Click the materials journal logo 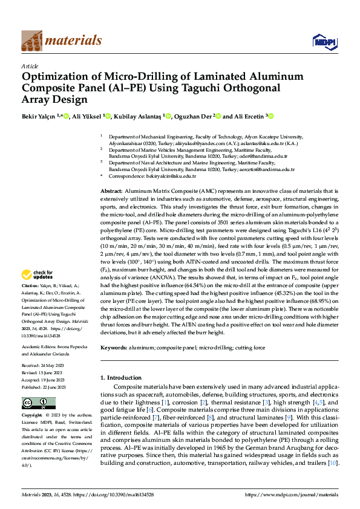coord(61,41)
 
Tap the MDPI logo coord(323,41)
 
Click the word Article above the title coord(30,65)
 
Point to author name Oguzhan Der coord(194,116)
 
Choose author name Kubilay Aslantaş coord(138,116)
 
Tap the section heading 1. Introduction coord(120,378)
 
